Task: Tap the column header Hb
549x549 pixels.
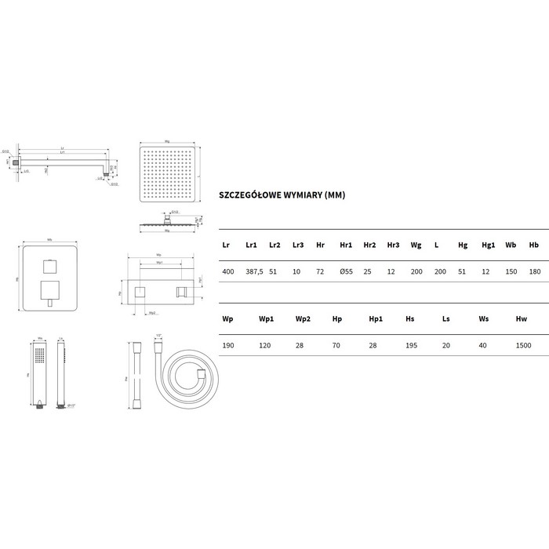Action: [x=534, y=245]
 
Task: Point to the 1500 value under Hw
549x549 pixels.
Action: [x=523, y=345]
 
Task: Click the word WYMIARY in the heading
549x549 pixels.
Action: [x=297, y=195]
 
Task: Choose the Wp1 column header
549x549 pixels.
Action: [x=266, y=319]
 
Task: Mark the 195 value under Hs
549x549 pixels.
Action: [x=410, y=345]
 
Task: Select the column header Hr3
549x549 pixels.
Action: [x=393, y=245]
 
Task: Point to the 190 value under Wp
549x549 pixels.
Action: [x=228, y=345]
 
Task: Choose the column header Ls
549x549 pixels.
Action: [x=446, y=319]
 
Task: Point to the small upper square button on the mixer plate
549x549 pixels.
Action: [x=49, y=263]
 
